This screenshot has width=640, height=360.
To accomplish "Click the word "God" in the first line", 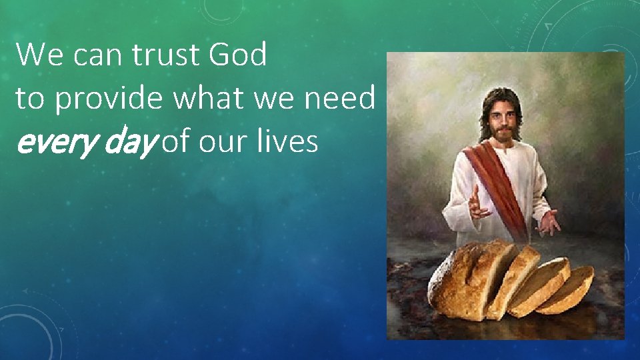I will [x=237, y=55].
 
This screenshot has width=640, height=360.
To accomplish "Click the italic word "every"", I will [x=49, y=143].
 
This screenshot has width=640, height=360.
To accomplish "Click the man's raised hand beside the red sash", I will [x=478, y=203].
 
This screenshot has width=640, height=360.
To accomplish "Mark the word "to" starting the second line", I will [x=30, y=99].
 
